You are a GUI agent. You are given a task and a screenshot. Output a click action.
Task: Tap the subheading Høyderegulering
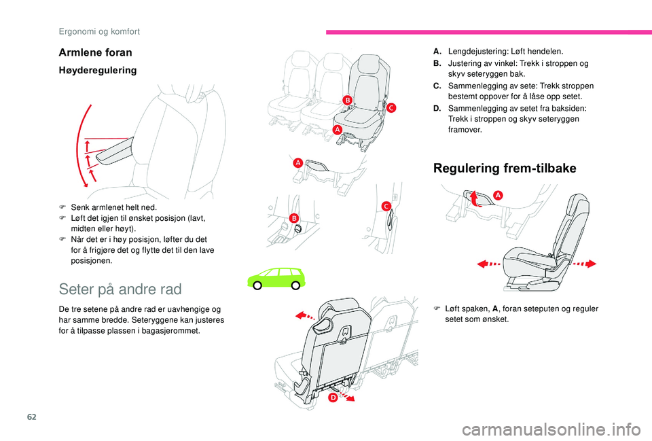(99, 70)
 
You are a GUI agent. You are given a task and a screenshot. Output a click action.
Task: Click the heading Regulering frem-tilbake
(505, 169)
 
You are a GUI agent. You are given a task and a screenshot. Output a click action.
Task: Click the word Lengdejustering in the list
(474, 52)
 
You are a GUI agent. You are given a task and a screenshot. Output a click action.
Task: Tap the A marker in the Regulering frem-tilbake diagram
(498, 194)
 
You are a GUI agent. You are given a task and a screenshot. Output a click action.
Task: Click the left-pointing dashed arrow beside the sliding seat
(490, 263)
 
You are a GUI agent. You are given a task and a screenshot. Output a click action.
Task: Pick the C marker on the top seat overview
(391, 107)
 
